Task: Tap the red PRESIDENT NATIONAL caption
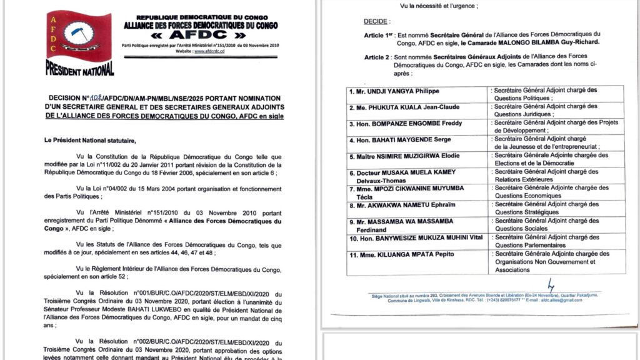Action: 80,67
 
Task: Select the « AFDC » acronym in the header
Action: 200,35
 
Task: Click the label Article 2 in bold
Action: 378,57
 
